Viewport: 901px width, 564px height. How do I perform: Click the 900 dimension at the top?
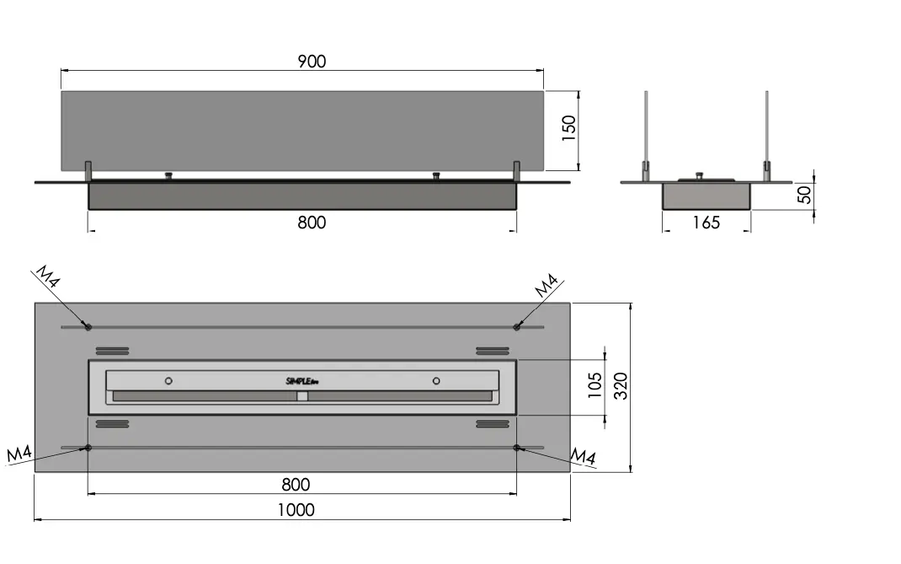[312, 62]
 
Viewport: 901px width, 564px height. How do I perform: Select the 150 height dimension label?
[568, 128]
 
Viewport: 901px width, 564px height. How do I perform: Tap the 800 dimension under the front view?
[312, 223]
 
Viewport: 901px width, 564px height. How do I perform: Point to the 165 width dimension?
[706, 223]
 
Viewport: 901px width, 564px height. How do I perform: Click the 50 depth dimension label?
[805, 195]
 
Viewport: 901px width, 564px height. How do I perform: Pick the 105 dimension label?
[594, 385]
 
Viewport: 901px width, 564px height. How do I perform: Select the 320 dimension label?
[621, 386]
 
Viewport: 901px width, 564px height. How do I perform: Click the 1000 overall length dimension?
[296, 510]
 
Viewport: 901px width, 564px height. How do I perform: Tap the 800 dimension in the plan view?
[296, 485]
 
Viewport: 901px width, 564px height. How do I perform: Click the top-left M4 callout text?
[48, 277]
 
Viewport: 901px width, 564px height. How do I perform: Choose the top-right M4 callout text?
[546, 286]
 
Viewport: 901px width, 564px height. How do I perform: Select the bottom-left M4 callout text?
[19, 454]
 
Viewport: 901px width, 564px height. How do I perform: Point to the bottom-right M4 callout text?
[583, 456]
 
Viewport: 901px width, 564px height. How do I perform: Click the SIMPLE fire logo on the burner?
[302, 381]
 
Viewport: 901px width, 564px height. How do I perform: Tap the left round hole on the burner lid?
[168, 381]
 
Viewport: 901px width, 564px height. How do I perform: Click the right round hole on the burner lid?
[436, 381]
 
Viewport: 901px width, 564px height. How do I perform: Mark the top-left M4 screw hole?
[88, 327]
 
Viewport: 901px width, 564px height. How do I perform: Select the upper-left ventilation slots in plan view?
[112, 351]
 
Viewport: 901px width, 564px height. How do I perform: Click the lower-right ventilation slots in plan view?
[493, 424]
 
